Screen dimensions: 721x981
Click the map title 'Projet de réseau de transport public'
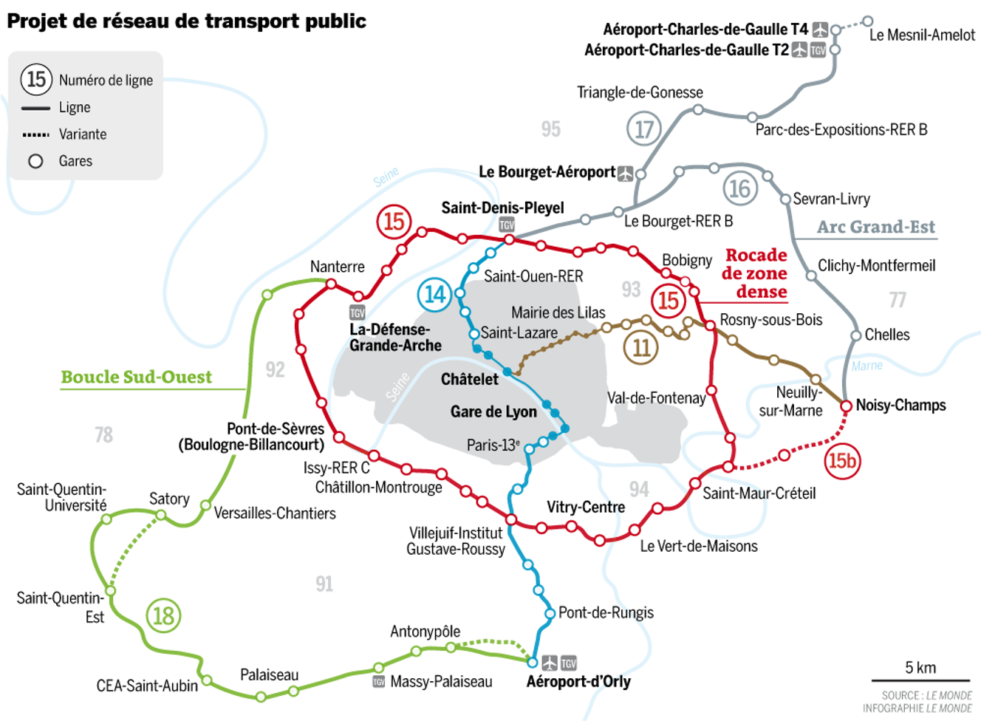pyautogui.click(x=186, y=21)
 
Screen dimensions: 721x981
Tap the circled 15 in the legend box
pyautogui.click(x=36, y=79)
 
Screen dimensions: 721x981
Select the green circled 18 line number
pyautogui.click(x=163, y=615)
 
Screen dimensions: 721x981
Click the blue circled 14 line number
pyautogui.click(x=434, y=295)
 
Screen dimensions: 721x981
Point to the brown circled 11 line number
pyautogui.click(x=641, y=347)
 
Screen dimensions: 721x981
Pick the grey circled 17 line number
pyautogui.click(x=644, y=129)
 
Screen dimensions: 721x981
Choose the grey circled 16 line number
pyautogui.click(x=739, y=188)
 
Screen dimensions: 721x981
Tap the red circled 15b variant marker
pyautogui.click(x=842, y=462)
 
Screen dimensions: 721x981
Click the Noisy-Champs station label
pyautogui.click(x=900, y=405)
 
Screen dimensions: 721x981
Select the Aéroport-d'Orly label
pyautogui.click(x=578, y=681)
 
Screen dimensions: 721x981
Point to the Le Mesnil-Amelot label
pyautogui.click(x=922, y=35)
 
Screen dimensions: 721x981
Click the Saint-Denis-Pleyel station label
pyautogui.click(x=502, y=208)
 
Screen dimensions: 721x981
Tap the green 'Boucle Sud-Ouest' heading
pyautogui.click(x=136, y=377)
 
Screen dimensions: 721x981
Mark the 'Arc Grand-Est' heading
pyautogui.click(x=875, y=227)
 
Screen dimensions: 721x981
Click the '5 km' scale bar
pyautogui.click(x=920, y=679)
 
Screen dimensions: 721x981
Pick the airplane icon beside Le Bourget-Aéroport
pyautogui.click(x=626, y=173)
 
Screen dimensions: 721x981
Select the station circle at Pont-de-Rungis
pyautogui.click(x=550, y=613)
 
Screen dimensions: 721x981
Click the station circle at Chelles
pyautogui.click(x=855, y=335)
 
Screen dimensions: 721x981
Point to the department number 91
pyautogui.click(x=324, y=584)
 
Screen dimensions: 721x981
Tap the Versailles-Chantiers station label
pyautogui.click(x=275, y=513)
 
